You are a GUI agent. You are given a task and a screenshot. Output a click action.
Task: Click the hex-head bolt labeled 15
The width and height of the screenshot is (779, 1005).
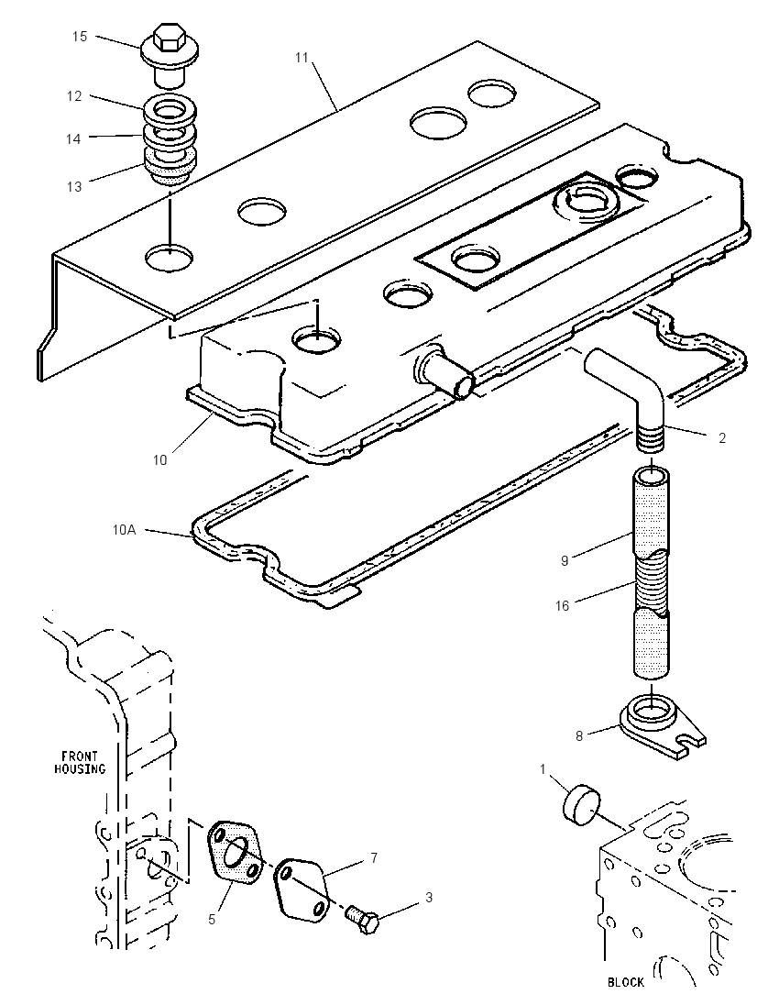170,53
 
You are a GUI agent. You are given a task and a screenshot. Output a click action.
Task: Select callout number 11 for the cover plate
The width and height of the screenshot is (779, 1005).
302,58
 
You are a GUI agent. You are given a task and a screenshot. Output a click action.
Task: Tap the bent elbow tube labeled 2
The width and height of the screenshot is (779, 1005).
626,392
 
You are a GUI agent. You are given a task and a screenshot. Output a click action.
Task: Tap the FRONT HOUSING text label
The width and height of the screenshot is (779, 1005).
80,763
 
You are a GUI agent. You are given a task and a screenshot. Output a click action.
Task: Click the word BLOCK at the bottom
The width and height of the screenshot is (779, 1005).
625,981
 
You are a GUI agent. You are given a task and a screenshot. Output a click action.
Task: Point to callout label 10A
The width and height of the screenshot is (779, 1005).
125,531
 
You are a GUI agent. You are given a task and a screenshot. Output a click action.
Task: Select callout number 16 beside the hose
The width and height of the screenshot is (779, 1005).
562,606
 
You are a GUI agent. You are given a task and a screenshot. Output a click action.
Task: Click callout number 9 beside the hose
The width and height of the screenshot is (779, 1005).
565,561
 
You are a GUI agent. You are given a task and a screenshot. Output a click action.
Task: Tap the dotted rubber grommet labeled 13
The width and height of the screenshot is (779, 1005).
170,168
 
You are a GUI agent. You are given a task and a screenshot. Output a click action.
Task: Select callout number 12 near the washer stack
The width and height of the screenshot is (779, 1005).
74,96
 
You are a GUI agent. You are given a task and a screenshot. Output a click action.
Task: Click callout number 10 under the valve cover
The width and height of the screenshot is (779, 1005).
159,459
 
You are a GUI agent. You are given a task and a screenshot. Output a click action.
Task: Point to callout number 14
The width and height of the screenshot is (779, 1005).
73,138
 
